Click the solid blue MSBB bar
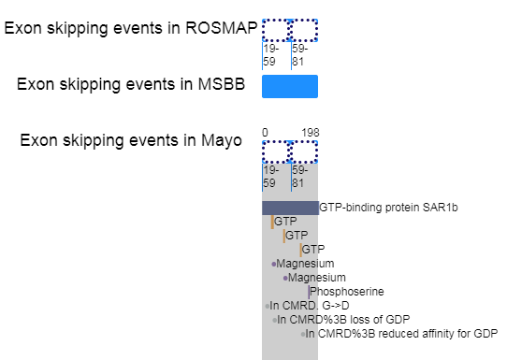tap(290, 86)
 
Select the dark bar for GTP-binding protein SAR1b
tap(290, 208)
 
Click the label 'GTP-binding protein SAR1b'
tap(388, 208)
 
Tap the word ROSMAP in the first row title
tap(222, 28)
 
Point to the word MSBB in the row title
tap(222, 84)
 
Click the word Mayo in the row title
tap(222, 140)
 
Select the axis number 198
tap(311, 133)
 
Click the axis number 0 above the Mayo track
tap(265, 133)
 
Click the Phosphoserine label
tap(347, 292)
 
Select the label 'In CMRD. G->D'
tap(310, 306)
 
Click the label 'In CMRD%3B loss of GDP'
tap(343, 320)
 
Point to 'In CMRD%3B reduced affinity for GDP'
tap(401, 334)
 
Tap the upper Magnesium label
tap(305, 264)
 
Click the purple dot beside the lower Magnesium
tap(285, 278)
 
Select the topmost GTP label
tap(285, 222)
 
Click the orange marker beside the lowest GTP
tap(300, 250)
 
